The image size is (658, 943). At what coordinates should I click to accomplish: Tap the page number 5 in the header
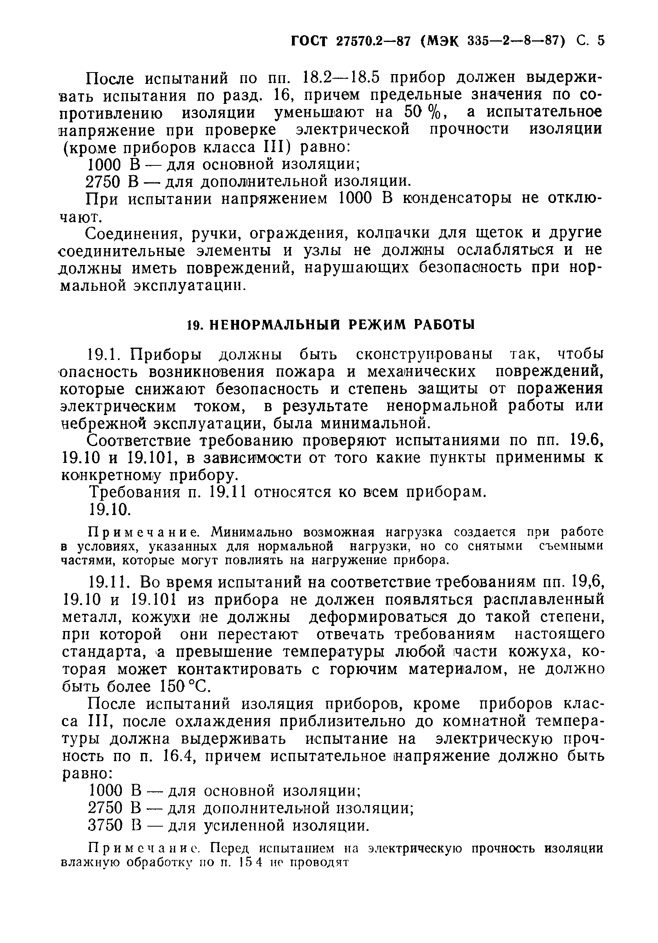tap(600, 41)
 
